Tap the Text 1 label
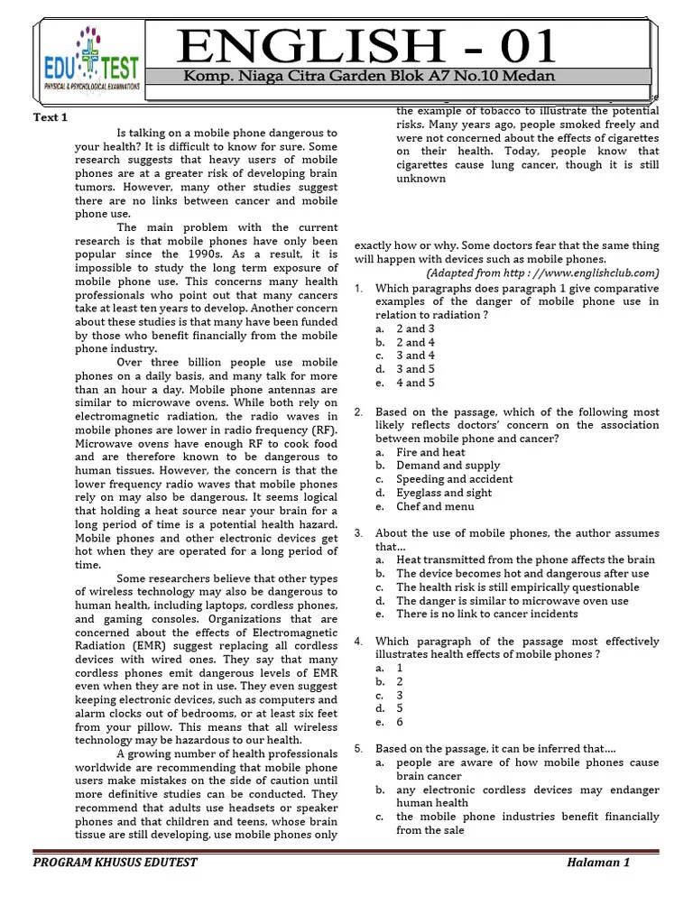click(x=51, y=118)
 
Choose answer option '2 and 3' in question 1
click(x=416, y=328)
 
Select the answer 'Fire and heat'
click(x=430, y=452)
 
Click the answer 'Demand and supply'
click(x=442, y=466)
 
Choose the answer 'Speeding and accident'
click(x=454, y=479)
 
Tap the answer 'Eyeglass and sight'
click(x=444, y=493)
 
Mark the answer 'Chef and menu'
click(x=434, y=506)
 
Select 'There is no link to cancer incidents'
click(x=486, y=614)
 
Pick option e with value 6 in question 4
click(x=401, y=722)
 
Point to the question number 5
click(x=358, y=749)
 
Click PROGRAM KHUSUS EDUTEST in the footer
click(x=115, y=862)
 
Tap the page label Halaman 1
click(x=598, y=862)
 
